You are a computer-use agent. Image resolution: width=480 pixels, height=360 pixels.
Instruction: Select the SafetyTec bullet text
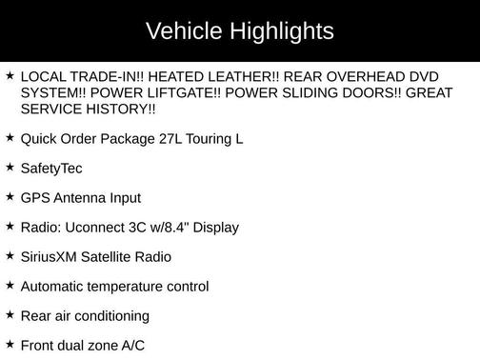coord(51,169)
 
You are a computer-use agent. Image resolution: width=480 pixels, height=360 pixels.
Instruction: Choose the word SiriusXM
coord(50,257)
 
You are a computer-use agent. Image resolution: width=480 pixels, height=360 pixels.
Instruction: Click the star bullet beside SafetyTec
coord(10,168)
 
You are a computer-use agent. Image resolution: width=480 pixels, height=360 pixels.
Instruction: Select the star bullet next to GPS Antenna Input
coord(10,197)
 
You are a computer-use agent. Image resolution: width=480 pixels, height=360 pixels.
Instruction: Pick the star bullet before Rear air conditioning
coord(10,315)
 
